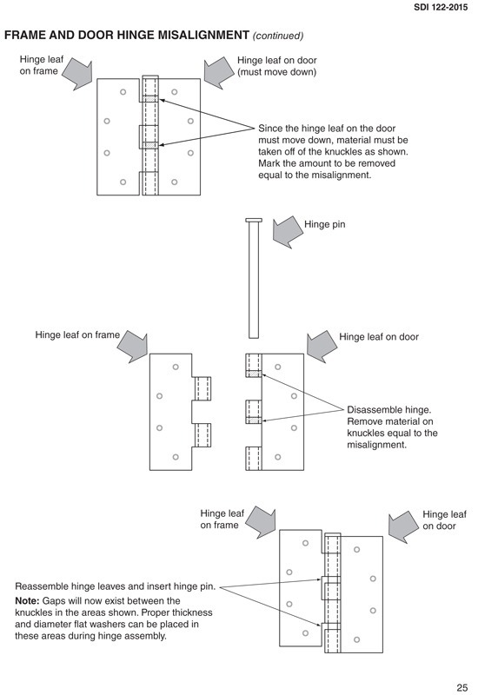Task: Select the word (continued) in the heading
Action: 277,36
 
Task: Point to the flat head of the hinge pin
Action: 254,220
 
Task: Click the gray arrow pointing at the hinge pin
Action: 286,232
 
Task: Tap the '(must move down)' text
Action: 276,72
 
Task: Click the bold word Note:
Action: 32,600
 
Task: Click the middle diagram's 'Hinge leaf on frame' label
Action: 77,334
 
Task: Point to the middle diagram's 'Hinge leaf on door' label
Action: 379,336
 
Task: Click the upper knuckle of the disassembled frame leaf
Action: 203,388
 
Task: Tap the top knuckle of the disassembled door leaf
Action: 253,365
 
